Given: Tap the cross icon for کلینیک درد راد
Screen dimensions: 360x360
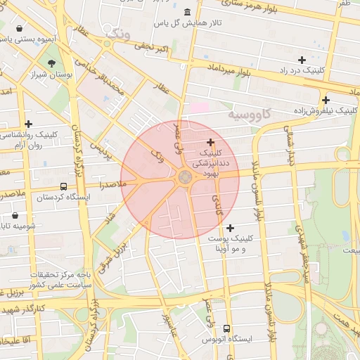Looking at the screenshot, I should click(x=302, y=60).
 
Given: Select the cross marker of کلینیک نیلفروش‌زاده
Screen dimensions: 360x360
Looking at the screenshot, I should click(x=325, y=100).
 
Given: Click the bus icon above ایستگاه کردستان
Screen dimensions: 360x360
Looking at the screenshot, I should click(x=64, y=187).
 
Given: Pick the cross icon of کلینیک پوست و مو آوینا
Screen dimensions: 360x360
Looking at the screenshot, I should click(x=230, y=227).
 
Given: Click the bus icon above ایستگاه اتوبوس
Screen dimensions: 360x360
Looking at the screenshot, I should click(x=226, y=328).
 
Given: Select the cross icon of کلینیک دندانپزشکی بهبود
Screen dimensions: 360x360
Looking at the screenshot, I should click(x=210, y=142).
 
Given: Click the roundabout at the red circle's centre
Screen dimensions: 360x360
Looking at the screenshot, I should click(x=186, y=178).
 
